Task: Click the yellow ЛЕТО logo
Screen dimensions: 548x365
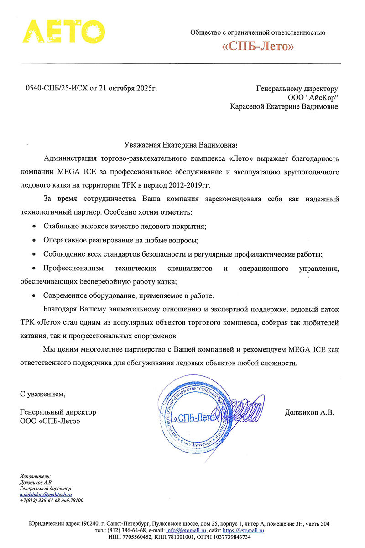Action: [64, 31]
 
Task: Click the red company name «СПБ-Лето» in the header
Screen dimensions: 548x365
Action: [258, 47]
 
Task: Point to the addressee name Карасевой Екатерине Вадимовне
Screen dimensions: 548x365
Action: [285, 107]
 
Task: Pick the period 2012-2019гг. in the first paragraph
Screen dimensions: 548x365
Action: [190, 185]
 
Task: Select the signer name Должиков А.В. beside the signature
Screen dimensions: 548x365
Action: [309, 412]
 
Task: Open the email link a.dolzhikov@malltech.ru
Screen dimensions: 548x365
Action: [46, 494]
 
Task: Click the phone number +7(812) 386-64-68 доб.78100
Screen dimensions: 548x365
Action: [52, 500]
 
